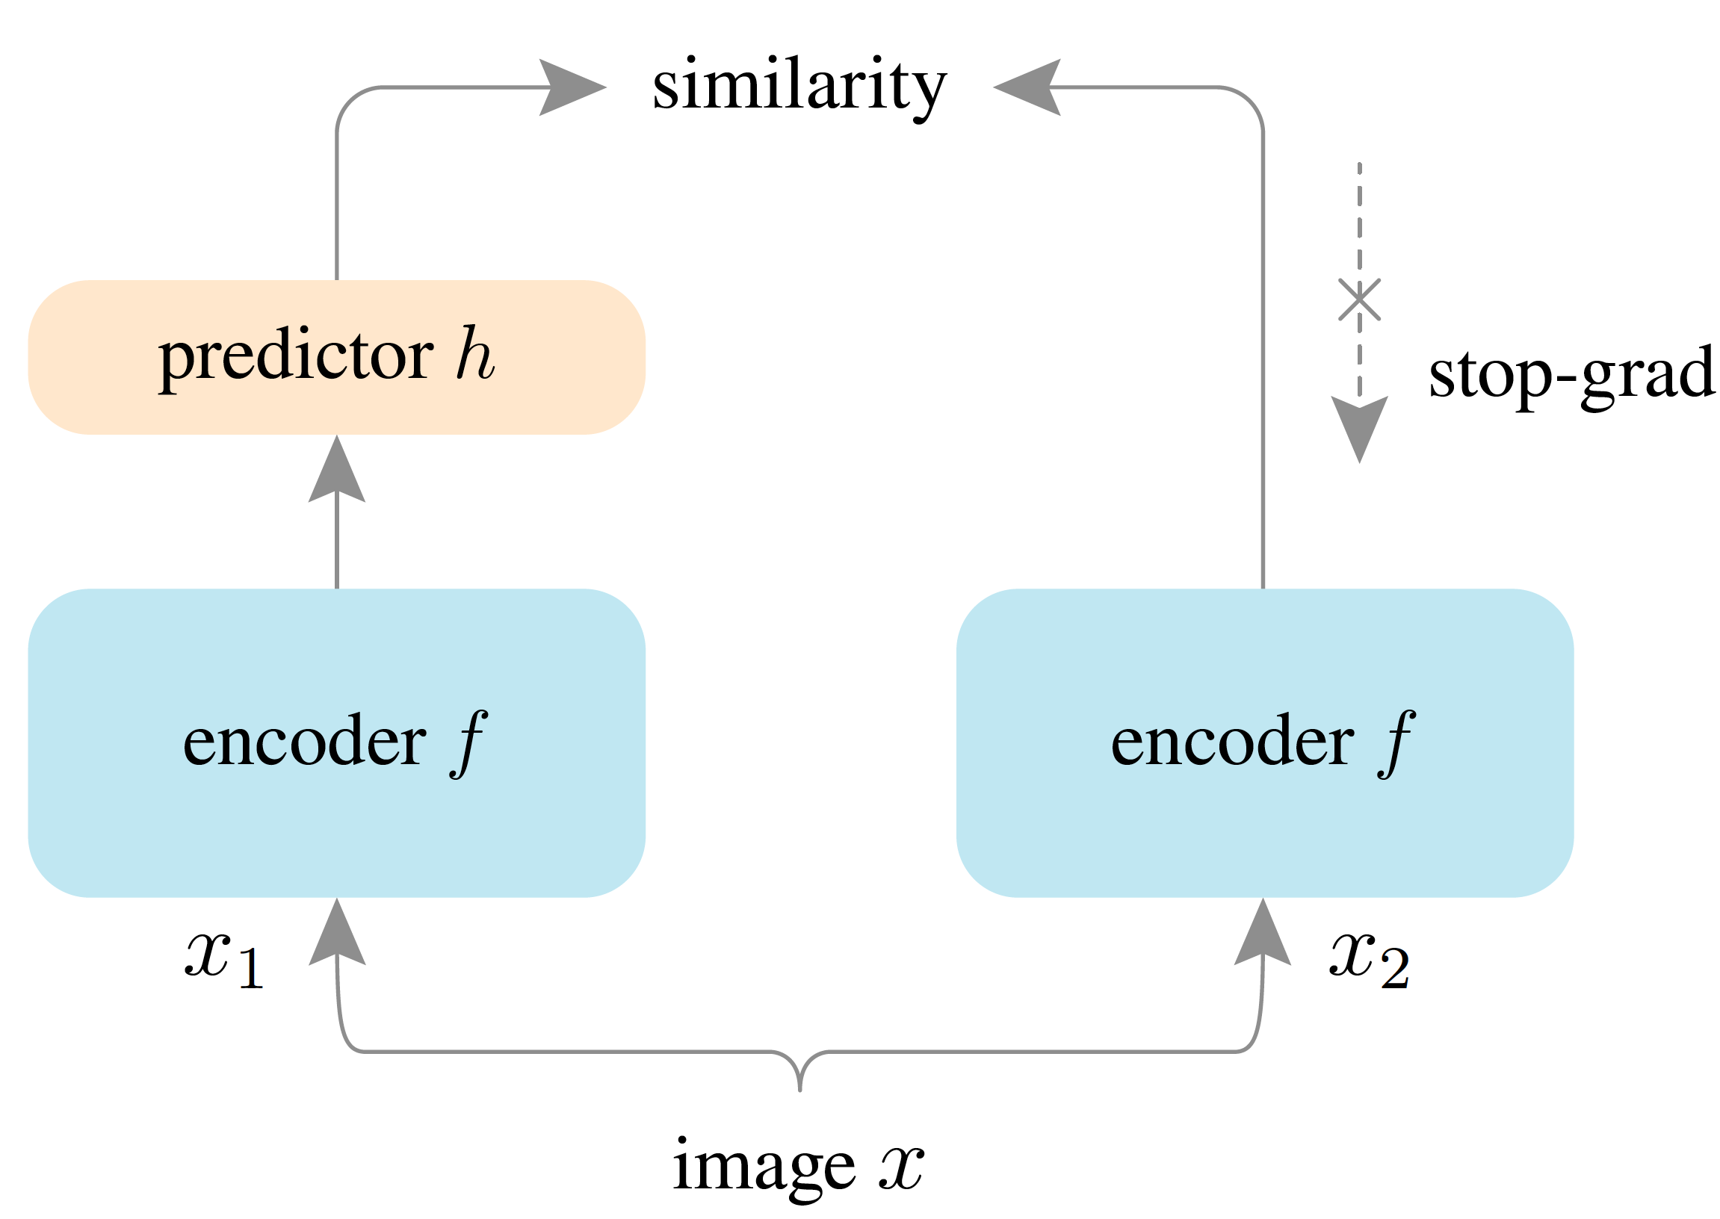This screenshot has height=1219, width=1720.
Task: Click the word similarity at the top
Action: click(x=799, y=87)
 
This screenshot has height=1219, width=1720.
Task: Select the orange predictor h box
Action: click(x=336, y=357)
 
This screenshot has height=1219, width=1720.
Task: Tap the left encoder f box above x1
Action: click(x=336, y=743)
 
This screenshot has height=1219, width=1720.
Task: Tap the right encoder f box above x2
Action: click(x=1264, y=743)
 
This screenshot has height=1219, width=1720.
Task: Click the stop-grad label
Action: click(x=1571, y=375)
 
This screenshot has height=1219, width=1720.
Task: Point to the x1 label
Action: click(x=223, y=958)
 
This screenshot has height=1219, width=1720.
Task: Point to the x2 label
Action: click(x=1369, y=958)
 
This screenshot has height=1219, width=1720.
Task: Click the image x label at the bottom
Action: click(x=797, y=1166)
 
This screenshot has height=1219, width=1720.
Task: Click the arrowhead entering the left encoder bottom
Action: click(x=337, y=934)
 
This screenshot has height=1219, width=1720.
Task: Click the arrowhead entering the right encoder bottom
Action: click(x=1263, y=934)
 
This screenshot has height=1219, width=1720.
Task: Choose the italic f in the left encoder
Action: click(x=469, y=743)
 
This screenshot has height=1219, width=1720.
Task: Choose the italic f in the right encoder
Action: click(x=1396, y=743)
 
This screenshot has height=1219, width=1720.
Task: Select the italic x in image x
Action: click(x=902, y=1167)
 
